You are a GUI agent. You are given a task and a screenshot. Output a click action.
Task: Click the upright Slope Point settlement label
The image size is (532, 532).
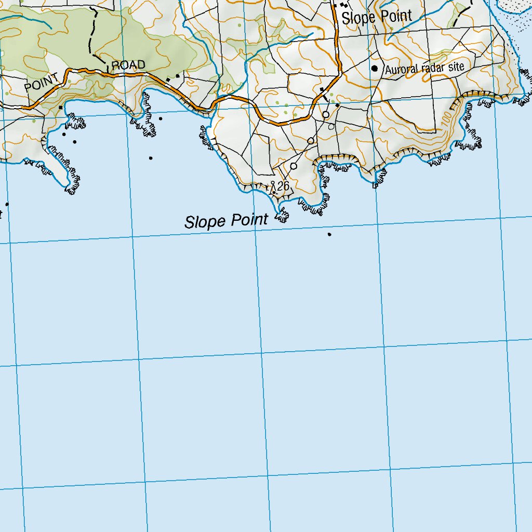click(x=377, y=17)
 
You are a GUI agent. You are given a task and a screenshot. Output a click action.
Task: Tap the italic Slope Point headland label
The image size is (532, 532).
click(x=226, y=221)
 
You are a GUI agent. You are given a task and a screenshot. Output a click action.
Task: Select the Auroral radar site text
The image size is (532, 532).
click(x=424, y=68)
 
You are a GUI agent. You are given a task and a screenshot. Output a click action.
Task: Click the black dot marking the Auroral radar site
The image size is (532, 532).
click(x=374, y=68)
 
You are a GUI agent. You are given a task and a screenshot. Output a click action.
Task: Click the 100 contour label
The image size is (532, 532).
click(x=446, y=119)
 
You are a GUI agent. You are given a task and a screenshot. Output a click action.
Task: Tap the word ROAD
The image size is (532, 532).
click(x=128, y=65)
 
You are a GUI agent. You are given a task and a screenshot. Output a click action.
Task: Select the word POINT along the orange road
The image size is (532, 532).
click(x=42, y=83)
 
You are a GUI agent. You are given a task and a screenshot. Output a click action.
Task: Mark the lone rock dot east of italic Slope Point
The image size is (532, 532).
click(x=329, y=234)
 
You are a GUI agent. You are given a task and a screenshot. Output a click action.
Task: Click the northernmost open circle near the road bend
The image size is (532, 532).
click(x=326, y=114)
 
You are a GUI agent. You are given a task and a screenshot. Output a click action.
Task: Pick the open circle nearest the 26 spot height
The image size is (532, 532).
click(x=294, y=166)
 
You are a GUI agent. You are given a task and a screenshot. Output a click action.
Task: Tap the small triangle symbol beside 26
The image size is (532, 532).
click(x=273, y=184)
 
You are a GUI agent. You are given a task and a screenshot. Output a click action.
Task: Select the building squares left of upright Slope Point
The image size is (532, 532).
click(x=343, y=5)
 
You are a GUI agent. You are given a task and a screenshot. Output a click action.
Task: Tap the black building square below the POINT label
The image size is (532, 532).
click(x=61, y=108)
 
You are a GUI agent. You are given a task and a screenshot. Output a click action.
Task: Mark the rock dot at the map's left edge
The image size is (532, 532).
click(x=7, y=204)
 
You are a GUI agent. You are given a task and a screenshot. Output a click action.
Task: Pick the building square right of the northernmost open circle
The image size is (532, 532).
click(x=337, y=106)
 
